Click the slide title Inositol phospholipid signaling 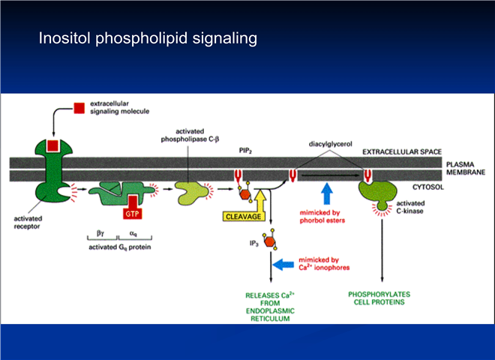click(x=148, y=38)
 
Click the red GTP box click(x=132, y=214)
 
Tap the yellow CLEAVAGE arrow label click(x=244, y=217)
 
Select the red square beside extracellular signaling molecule click(x=79, y=108)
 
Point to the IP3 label click(x=254, y=244)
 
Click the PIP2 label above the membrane click(x=245, y=151)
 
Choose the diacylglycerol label click(x=330, y=144)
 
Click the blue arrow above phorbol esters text click(x=327, y=193)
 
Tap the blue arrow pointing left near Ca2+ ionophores click(x=283, y=264)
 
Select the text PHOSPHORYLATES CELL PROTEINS click(x=379, y=298)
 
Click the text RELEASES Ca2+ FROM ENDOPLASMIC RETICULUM click(x=270, y=307)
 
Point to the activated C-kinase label click(x=410, y=207)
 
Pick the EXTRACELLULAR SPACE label click(x=402, y=152)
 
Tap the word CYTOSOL click(x=428, y=187)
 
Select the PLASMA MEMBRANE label click(x=466, y=168)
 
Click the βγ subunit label click(x=100, y=233)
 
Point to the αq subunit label click(x=133, y=234)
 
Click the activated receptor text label click(x=28, y=222)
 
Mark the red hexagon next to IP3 click(x=269, y=242)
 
